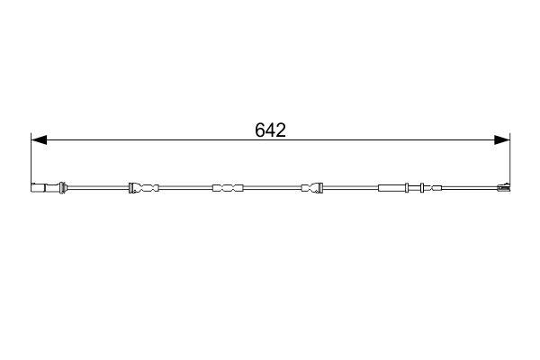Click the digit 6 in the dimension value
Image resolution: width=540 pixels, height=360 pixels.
pos(260,130)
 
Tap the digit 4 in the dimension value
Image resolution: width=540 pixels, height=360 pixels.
pos(270,130)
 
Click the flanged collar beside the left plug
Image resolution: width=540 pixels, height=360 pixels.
pos(61,188)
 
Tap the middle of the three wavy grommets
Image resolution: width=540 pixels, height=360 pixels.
pos(227,188)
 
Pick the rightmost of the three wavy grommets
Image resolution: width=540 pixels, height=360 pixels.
pos(311,188)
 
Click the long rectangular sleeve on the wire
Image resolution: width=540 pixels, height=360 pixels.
pos(394,188)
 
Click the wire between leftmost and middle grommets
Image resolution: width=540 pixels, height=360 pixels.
pos(184,188)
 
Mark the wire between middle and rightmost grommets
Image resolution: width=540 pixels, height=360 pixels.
pos(270,188)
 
